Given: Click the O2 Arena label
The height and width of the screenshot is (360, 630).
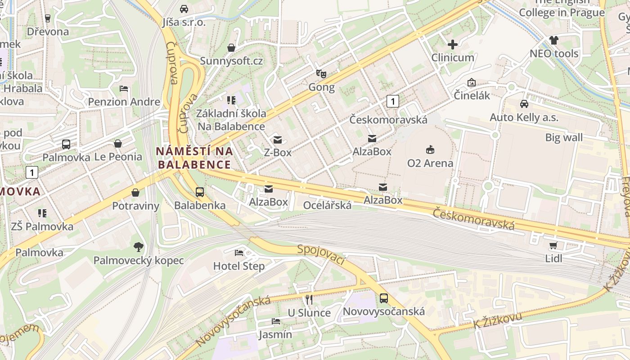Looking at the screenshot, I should click(x=430, y=163).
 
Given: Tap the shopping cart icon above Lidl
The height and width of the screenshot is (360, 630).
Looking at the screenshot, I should click(x=553, y=245).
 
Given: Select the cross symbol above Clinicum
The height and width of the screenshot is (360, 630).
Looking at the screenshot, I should click(x=453, y=45).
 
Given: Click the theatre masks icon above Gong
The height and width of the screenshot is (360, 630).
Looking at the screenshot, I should click(x=321, y=73).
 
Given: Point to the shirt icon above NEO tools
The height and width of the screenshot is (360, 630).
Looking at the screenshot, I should click(x=554, y=40).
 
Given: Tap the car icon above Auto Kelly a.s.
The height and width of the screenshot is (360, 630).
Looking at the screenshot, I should click(x=524, y=104).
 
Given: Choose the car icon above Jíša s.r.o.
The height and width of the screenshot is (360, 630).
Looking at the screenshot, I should click(x=184, y=9).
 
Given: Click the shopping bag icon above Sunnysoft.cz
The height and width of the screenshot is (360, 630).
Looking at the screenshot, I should click(x=231, y=47).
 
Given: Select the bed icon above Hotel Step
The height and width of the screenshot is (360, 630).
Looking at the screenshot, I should click(x=239, y=252).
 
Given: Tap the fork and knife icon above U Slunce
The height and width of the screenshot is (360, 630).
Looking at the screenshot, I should click(x=309, y=299).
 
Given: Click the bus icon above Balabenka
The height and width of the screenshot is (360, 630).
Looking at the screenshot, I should click(x=200, y=192).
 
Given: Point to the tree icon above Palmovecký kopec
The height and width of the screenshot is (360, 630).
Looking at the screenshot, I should click(x=138, y=247).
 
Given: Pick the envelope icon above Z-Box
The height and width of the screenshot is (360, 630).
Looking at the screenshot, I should click(x=278, y=139).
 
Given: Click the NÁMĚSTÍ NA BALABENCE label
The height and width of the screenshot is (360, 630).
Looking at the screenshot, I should click(x=194, y=158).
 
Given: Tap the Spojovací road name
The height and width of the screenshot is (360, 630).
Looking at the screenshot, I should click(x=321, y=255).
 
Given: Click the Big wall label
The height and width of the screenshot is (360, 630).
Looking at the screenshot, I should click(x=564, y=138).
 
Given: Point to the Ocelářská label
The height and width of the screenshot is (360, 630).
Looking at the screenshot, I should click(x=327, y=205).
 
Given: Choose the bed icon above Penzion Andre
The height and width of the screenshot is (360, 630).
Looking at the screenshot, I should click(x=124, y=88).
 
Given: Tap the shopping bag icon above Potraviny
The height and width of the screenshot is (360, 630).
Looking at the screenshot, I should click(x=135, y=193).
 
